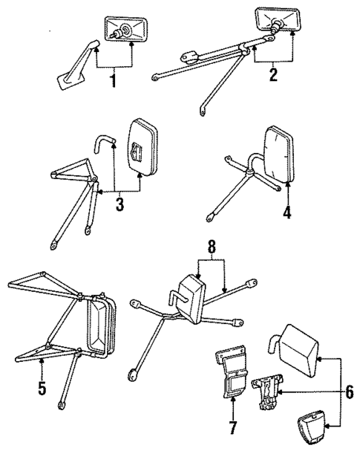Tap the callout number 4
coord(287,211)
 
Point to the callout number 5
coord(42,386)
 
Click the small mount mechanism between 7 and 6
coord(266,392)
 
